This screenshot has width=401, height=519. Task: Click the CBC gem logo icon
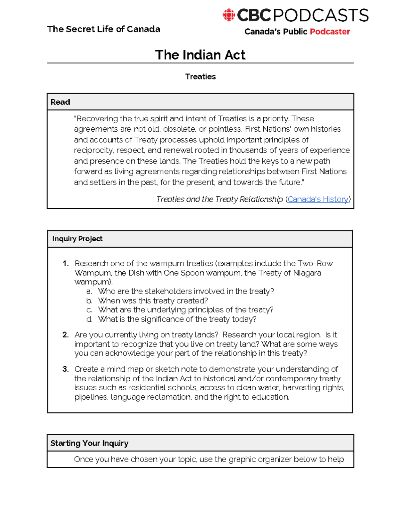[229, 15]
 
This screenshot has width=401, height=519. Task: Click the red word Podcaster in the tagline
[329, 32]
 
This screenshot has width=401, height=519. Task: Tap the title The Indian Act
[200, 55]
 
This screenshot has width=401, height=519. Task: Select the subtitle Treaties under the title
[200, 77]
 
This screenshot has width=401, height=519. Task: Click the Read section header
[60, 102]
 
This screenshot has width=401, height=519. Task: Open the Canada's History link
[318, 199]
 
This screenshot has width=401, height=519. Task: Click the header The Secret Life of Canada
[104, 29]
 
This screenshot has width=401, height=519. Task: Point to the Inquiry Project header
[78, 239]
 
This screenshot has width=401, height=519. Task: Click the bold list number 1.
[65, 264]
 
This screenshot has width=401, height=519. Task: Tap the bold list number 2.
[65, 335]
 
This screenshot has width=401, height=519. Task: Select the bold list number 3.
[65, 369]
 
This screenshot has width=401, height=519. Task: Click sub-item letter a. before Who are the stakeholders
[89, 291]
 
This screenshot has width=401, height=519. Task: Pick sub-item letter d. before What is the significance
[89, 319]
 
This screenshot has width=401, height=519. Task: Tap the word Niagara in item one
[307, 273]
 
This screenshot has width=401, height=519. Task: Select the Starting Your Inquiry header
[89, 443]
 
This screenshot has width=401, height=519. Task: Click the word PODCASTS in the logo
[321, 15]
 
